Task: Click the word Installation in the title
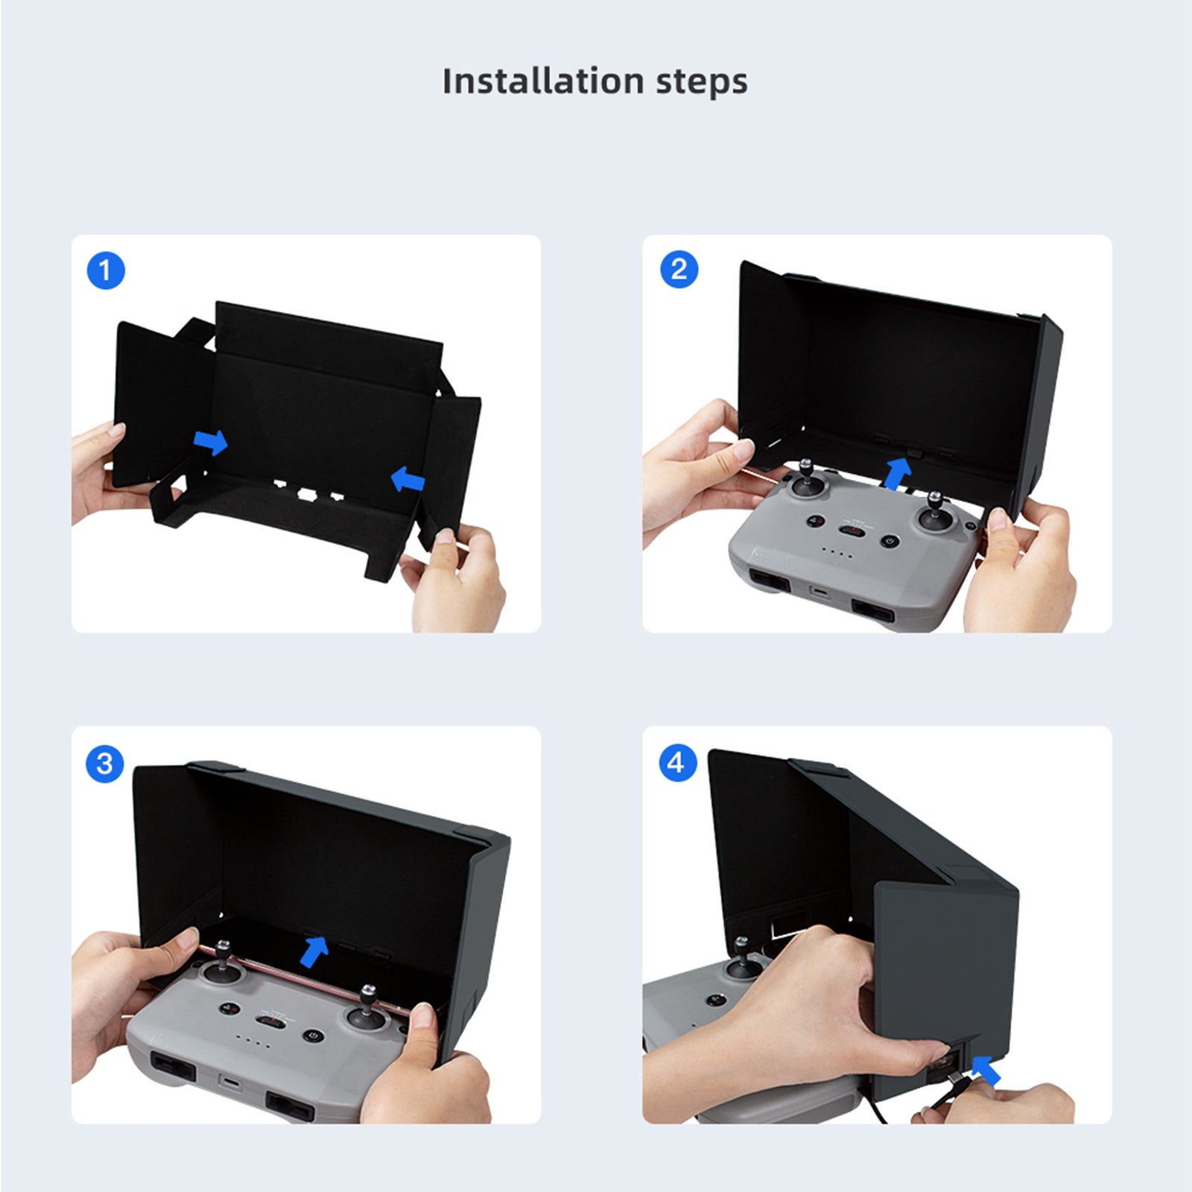click(x=542, y=80)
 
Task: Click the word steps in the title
click(x=702, y=82)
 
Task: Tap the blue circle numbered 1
click(x=106, y=270)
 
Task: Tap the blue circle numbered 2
click(x=679, y=269)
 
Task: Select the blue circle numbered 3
click(x=104, y=764)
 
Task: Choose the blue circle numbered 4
click(x=676, y=762)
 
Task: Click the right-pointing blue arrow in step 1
click(x=211, y=441)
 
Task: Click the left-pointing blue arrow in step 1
click(x=408, y=478)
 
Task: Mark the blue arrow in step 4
click(x=987, y=1071)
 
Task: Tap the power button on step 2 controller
click(x=888, y=541)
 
